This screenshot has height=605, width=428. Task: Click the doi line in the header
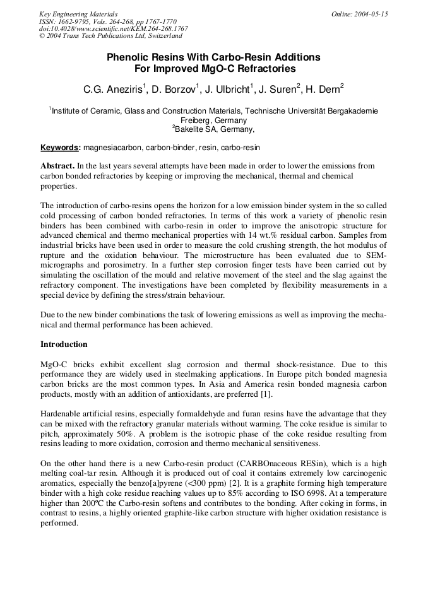[x=113, y=29]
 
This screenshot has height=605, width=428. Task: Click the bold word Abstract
[x=57, y=167]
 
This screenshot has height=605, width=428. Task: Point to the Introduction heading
[x=64, y=344]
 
